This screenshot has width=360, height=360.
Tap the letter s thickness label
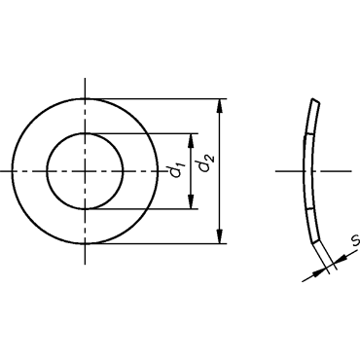coord(356,240)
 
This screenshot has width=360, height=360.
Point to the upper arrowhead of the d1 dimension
coord(191,140)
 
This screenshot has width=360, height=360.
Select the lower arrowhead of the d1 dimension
coord(191,201)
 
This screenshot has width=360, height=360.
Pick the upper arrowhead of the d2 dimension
coord(220,106)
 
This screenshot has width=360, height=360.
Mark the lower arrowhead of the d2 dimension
coord(220,236)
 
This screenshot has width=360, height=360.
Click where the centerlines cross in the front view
coord(85,171)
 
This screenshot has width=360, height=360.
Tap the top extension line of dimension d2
coord(156,98)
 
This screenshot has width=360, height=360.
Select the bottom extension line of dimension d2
coord(156,243)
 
